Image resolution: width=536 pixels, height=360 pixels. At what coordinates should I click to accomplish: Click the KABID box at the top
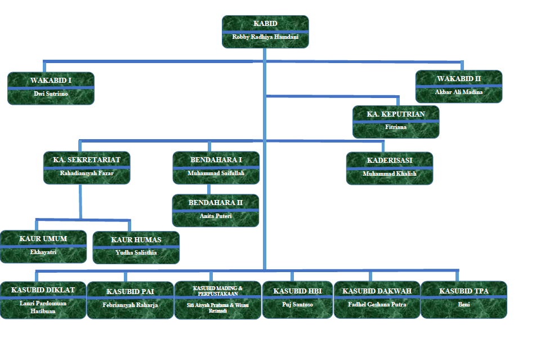click(x=265, y=32)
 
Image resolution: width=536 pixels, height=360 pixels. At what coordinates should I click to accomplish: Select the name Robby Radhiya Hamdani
click(x=265, y=37)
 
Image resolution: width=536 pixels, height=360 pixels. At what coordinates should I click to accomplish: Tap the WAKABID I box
click(x=51, y=88)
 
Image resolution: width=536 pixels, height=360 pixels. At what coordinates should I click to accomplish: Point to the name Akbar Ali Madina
click(x=459, y=92)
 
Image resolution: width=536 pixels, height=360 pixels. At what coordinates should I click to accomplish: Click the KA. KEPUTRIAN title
click(x=396, y=114)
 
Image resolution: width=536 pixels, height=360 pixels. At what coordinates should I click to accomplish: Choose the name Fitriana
click(x=396, y=127)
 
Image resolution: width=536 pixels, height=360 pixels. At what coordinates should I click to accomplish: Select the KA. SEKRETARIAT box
click(x=87, y=167)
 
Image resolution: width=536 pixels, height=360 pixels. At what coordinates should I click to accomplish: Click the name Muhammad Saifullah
click(x=216, y=174)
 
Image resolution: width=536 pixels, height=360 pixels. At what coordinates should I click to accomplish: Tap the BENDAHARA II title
click(x=216, y=202)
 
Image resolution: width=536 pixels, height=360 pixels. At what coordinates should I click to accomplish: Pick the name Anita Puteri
click(x=216, y=216)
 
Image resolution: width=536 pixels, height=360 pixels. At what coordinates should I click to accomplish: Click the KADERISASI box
click(x=390, y=168)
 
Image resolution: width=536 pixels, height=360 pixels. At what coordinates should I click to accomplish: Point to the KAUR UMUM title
click(x=43, y=239)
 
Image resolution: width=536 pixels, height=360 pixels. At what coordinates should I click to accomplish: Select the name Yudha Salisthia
click(x=136, y=253)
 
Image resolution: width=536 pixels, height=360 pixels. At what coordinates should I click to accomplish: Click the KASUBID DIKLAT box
click(x=43, y=300)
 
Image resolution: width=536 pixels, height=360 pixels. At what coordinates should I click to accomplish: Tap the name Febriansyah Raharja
click(x=130, y=305)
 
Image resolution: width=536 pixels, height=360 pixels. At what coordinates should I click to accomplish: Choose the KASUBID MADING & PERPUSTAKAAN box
click(x=218, y=300)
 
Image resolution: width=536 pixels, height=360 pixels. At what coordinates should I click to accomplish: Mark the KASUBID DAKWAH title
click(x=377, y=291)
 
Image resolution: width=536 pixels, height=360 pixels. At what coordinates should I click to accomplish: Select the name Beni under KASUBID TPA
click(x=464, y=305)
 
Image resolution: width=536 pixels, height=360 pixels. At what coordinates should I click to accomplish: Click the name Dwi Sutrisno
click(x=51, y=94)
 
